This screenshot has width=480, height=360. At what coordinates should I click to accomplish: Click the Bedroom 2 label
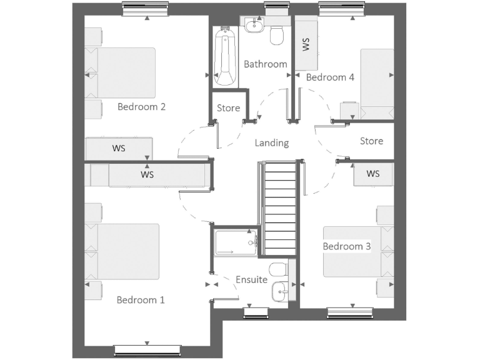141,107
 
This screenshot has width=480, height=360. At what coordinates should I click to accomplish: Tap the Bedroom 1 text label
141,300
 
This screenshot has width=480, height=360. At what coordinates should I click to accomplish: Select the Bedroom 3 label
347,246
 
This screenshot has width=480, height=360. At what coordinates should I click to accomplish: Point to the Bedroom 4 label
330,77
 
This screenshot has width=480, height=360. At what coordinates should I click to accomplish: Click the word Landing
272,143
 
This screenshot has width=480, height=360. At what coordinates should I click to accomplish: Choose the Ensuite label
251,280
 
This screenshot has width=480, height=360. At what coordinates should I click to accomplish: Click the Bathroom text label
266,64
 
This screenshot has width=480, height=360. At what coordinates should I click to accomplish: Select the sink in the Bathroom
254,26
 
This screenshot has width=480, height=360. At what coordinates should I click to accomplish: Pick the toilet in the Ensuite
280,269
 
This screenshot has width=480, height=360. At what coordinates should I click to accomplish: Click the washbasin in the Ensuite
281,290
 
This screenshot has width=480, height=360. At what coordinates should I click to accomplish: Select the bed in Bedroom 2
120,72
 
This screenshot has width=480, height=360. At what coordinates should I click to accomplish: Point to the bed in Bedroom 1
122,251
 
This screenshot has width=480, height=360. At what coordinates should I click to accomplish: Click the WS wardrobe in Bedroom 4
306,45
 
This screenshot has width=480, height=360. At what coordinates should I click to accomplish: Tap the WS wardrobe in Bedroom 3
373,174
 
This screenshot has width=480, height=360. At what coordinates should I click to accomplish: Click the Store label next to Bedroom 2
229,108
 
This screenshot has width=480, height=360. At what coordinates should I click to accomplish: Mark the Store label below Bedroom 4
371,141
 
